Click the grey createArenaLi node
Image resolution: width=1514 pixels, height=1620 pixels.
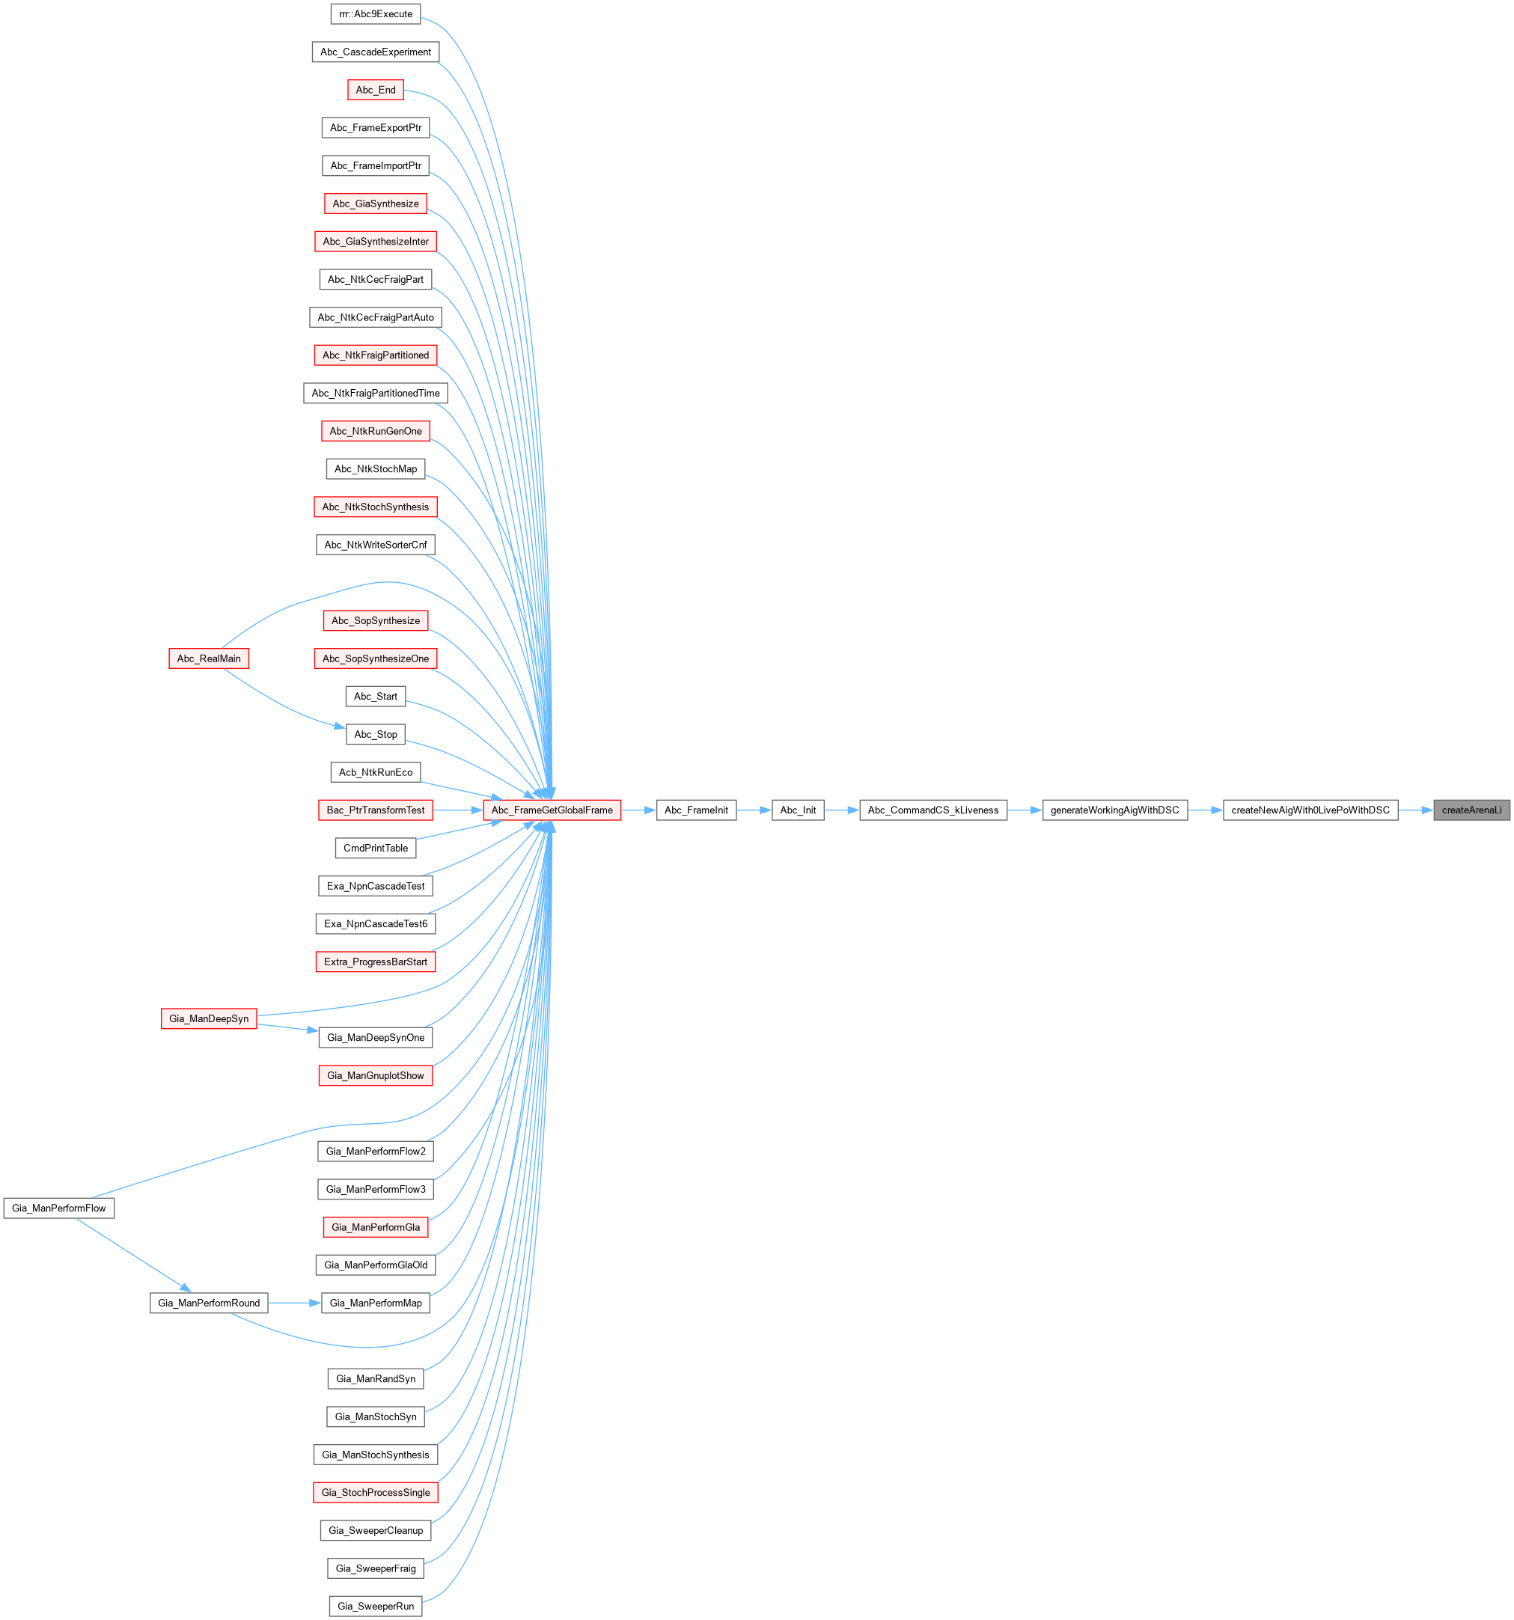(1471, 810)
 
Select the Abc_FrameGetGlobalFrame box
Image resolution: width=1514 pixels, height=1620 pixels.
(552, 810)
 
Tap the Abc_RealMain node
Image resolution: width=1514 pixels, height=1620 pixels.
(209, 658)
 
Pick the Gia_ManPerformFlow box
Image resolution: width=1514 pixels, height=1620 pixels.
(58, 1208)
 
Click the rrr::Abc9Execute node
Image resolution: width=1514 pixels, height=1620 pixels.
(376, 14)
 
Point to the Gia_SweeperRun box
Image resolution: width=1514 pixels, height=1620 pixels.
(376, 1606)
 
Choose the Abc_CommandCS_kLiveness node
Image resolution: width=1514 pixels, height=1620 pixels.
(932, 810)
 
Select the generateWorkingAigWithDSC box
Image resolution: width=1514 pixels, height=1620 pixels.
(1114, 810)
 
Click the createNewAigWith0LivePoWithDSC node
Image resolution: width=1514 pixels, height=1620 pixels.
(1310, 810)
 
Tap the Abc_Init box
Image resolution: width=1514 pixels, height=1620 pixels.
(798, 810)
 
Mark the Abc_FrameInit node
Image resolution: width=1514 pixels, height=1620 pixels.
(696, 810)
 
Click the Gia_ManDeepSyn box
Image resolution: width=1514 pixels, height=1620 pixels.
(209, 1018)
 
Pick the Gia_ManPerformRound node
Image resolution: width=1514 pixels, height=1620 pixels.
(209, 1303)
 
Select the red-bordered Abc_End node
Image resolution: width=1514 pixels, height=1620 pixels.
(376, 90)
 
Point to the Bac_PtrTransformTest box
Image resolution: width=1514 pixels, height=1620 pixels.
(376, 810)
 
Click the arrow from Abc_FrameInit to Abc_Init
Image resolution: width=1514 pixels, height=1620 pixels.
(754, 810)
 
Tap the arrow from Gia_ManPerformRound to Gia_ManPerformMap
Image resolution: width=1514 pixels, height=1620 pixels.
(294, 1303)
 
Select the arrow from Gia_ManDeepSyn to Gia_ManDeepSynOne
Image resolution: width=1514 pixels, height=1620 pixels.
(287, 1027)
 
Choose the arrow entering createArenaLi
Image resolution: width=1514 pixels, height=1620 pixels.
(1415, 810)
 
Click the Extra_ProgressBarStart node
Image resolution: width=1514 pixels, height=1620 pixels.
(376, 962)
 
